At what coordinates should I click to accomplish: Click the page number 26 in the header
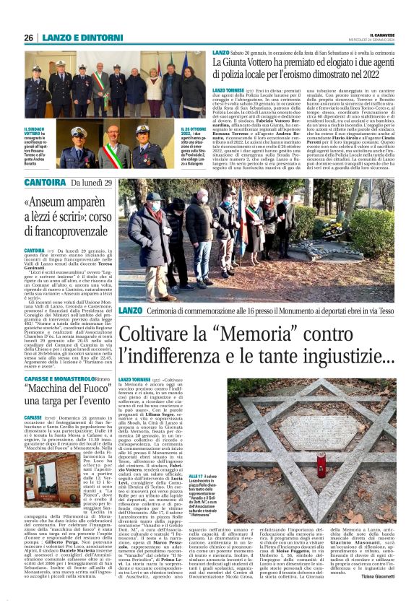pos(28,38)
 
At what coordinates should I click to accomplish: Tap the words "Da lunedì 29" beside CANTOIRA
pos(90,183)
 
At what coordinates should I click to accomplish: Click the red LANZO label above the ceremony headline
pos(131,310)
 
